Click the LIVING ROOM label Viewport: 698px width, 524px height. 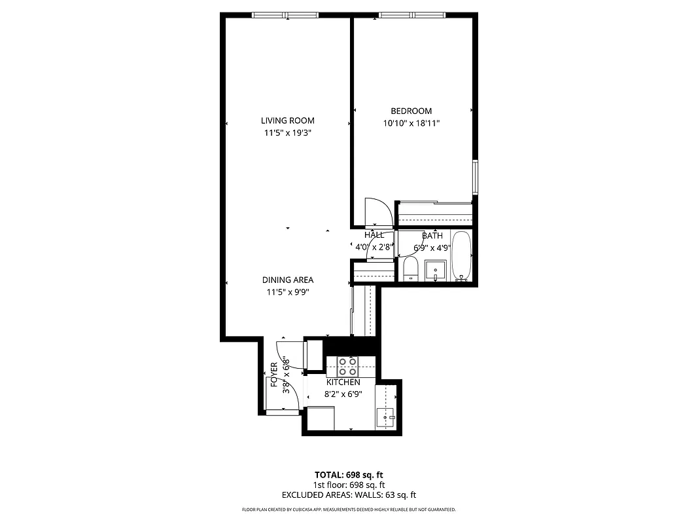tap(287, 121)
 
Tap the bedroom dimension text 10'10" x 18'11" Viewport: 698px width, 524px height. tap(411, 123)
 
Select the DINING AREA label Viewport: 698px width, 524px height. tap(287, 280)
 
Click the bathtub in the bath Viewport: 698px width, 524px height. tap(461, 255)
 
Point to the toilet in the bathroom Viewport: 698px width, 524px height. tap(411, 269)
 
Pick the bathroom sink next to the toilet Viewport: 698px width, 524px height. tap(435, 269)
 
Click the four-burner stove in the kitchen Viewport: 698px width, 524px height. tap(347, 366)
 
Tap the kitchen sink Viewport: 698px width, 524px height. tap(386, 417)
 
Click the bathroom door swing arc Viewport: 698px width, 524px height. tap(383, 246)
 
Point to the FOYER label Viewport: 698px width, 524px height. tap(274, 375)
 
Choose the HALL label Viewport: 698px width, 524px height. tap(374, 235)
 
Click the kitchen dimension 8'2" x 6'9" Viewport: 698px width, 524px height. tap(343, 394)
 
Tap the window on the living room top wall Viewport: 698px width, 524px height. tap(285, 15)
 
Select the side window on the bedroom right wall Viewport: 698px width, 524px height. tap(476, 177)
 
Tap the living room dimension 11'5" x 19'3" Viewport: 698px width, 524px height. tap(287, 133)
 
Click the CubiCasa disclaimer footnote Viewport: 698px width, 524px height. tap(348, 510)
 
